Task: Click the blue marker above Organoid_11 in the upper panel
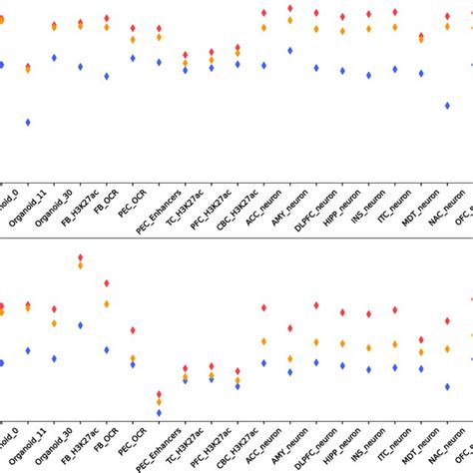tap(28, 122)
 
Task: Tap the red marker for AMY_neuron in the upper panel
tap(289, 8)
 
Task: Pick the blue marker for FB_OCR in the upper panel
tap(107, 76)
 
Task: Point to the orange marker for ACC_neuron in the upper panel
tap(263, 27)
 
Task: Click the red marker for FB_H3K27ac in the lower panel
tap(81, 257)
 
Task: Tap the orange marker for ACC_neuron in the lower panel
tap(263, 341)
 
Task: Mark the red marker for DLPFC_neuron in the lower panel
tap(316, 304)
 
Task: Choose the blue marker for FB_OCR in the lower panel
tap(107, 350)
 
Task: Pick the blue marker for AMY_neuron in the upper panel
tap(289, 50)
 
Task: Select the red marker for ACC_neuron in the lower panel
tap(263, 308)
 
